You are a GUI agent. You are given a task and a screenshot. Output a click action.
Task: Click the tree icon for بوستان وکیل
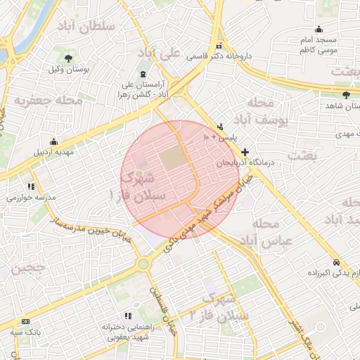[67, 58]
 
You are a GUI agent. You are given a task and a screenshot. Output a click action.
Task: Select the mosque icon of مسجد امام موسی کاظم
[319, 30]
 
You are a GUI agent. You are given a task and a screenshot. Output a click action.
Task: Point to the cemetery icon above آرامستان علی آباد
[143, 74]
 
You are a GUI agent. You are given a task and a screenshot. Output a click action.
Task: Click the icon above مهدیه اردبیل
[53, 141]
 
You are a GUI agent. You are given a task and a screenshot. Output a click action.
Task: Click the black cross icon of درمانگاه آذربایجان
[245, 152]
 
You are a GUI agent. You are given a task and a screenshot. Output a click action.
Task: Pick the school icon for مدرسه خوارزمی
[31, 187]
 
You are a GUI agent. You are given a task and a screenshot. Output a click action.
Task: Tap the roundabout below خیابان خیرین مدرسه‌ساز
[144, 264]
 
